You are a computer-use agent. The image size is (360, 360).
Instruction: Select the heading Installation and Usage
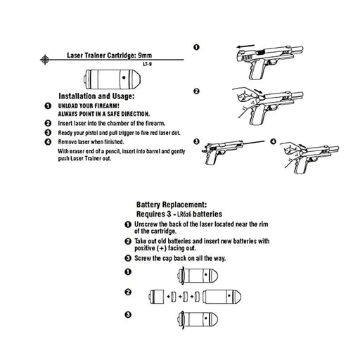tap(96, 95)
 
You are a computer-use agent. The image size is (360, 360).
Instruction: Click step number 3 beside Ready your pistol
tap(47, 132)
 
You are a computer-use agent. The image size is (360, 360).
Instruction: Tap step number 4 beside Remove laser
tap(47, 142)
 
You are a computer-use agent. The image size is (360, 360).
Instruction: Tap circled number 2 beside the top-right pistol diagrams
tap(196, 91)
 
